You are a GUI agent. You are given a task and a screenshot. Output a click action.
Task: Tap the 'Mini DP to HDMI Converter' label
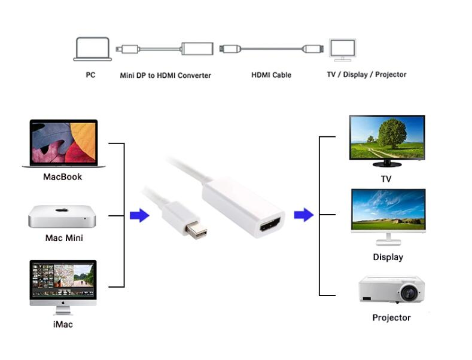coord(165,75)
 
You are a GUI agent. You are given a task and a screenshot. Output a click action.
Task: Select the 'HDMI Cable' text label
coord(271,75)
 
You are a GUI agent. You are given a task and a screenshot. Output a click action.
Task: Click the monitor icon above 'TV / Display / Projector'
coord(342,50)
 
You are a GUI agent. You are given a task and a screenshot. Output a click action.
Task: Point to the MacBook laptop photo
coord(63,144)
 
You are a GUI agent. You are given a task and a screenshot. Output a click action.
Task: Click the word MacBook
coord(62,177)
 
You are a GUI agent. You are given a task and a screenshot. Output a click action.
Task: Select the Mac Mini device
coord(62,216)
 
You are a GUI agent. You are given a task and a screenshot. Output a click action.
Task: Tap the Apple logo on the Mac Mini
coord(62,211)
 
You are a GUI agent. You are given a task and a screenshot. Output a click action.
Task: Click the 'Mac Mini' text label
coord(64,238)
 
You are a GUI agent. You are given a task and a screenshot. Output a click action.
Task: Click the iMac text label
coord(62,325)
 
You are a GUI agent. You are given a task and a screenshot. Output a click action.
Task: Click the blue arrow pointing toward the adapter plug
coord(139,215)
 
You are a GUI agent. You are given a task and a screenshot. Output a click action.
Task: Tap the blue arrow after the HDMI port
coord(304,215)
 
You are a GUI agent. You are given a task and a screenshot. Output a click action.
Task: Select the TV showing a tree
coord(386,140)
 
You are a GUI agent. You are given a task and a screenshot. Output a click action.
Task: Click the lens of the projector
coord(408,292)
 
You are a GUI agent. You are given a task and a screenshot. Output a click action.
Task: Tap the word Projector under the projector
coord(391,318)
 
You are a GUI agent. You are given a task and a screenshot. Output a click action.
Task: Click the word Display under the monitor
coord(388,257)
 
